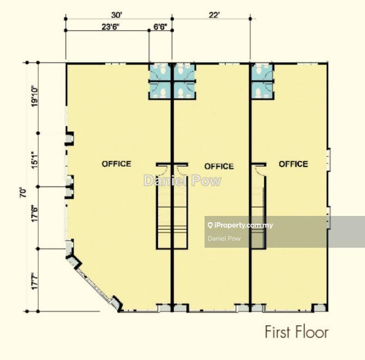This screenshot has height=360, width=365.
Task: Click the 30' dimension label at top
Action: pyautogui.click(x=117, y=15)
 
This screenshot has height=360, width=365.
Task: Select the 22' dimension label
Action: pyautogui.click(x=214, y=15)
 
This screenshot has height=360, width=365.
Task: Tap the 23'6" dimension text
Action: pyautogui.click(x=110, y=27)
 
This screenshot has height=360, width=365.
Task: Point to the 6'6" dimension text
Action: pyautogui.click(x=160, y=27)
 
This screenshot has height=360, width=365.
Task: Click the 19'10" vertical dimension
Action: pyautogui.click(x=35, y=97)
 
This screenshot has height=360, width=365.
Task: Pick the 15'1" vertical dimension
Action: pyautogui.click(x=35, y=160)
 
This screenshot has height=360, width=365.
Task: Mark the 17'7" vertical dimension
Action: pyautogui.click(x=35, y=281)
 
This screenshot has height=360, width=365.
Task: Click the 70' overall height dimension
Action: pyautogui.click(x=23, y=193)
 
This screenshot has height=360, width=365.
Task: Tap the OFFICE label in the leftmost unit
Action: pyautogui.click(x=116, y=164)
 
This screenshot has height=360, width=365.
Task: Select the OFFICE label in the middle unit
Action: pyautogui.click(x=219, y=166)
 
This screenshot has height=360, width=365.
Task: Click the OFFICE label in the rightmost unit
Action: pyautogui.click(x=293, y=164)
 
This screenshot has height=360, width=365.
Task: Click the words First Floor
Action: pyautogui.click(x=297, y=332)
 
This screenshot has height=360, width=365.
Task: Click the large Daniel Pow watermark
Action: pyautogui.click(x=183, y=180)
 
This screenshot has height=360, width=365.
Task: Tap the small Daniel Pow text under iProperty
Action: pyautogui.click(x=224, y=238)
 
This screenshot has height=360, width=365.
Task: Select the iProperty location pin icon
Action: pyautogui.click(x=210, y=225)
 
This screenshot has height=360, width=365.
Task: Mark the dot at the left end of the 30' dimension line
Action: pyautogui.click(x=65, y=19)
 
